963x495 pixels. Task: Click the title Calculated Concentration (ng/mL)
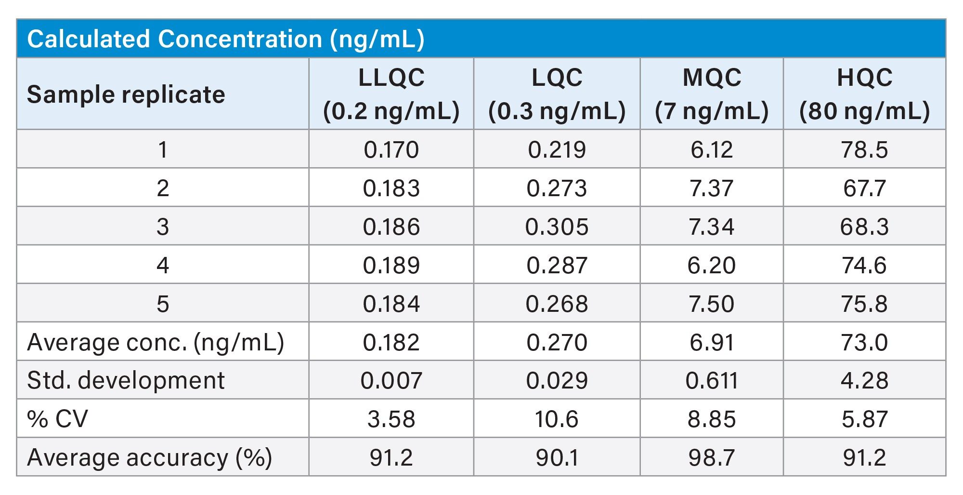(225, 39)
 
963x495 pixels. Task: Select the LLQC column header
(391, 94)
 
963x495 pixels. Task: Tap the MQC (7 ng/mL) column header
(711, 94)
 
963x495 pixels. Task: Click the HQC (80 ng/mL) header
(864, 94)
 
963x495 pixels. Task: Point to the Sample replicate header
(126, 94)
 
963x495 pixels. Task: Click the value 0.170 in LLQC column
(391, 149)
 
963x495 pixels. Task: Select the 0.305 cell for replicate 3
(557, 227)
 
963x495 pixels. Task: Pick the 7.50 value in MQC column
(711, 304)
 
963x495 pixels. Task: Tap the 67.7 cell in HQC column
(864, 188)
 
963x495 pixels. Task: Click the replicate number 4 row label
(163, 265)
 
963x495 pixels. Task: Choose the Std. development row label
(126, 380)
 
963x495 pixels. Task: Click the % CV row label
(58, 419)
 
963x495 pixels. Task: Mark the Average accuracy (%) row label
(149, 457)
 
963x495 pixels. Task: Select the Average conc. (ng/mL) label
(156, 342)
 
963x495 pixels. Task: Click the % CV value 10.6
(557, 419)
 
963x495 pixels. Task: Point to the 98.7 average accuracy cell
(711, 457)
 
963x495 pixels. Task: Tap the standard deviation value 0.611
(711, 380)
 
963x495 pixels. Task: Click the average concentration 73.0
(864, 342)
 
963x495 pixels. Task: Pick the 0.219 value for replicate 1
(557, 149)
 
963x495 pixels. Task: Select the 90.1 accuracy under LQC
(557, 457)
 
